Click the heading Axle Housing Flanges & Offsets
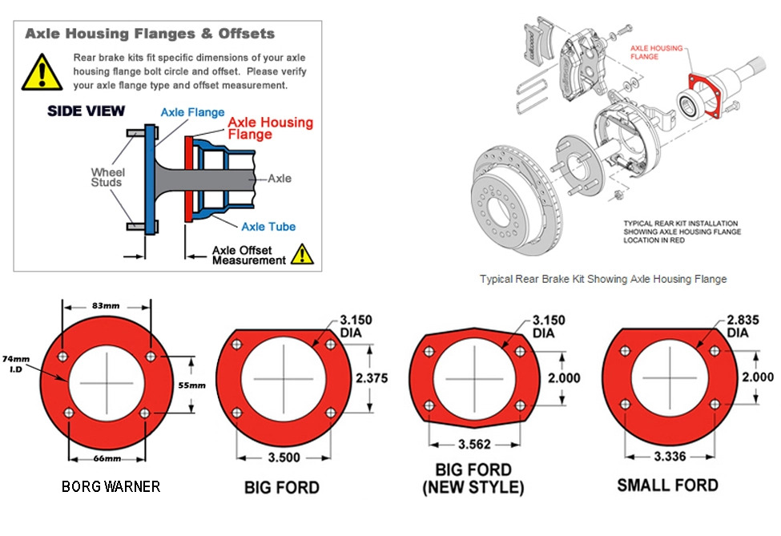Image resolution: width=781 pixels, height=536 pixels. (150, 34)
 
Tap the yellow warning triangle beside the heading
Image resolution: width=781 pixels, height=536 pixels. (38, 71)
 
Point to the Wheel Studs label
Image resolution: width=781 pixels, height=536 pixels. (107, 177)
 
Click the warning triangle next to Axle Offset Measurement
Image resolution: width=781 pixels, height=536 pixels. (302, 255)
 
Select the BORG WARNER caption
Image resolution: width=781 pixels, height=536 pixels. (111, 486)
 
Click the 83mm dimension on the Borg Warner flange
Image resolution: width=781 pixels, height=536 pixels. (107, 305)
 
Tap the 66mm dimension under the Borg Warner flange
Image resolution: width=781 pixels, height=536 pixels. (107, 458)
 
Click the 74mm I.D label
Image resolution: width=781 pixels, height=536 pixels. (14, 365)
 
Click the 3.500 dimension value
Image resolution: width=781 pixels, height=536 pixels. (284, 457)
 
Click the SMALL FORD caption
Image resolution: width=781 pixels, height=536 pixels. (667, 486)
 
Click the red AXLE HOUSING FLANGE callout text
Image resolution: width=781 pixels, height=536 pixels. (656, 52)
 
